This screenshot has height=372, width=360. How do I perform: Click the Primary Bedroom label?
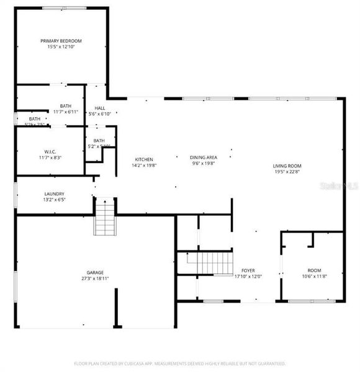(61, 41)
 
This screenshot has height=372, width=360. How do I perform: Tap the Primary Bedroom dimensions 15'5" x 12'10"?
(61, 48)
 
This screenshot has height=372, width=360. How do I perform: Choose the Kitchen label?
(143, 159)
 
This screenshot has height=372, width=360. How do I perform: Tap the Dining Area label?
(204, 157)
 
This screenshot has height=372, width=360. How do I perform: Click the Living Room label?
(287, 166)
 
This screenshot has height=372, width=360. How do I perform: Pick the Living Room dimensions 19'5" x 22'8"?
(287, 172)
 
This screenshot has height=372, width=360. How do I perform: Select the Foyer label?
(248, 271)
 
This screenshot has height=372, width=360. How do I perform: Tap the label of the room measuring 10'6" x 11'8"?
(314, 271)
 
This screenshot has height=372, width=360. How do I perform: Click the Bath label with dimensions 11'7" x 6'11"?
(66, 105)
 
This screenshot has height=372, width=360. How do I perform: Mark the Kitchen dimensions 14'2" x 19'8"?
(143, 166)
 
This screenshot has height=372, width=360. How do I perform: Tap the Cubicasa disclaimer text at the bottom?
(179, 363)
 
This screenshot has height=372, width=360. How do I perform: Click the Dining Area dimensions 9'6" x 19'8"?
(204, 164)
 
